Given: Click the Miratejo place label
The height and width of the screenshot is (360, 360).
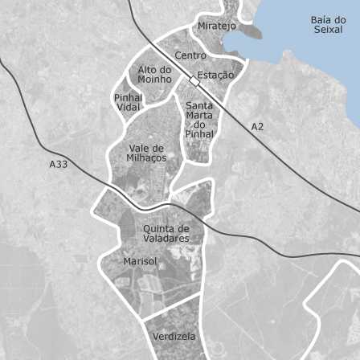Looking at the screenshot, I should pos(217,26).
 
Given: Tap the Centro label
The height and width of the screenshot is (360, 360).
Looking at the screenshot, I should pos(190,55).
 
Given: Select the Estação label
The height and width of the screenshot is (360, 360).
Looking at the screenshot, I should pos(216,76).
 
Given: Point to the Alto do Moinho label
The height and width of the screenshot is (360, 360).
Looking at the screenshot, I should pos(155,75).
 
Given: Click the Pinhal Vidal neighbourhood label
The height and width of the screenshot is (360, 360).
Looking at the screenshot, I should pos(128,102).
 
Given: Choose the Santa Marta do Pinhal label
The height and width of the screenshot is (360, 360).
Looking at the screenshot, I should pos(199,120).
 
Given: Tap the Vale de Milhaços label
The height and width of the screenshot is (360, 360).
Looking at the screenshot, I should pos(146,153).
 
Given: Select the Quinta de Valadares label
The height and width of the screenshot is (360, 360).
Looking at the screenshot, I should pos(166,233).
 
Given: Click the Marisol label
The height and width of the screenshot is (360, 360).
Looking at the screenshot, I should pos(141,261).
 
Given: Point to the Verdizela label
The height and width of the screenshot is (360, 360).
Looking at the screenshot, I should pos(174,336).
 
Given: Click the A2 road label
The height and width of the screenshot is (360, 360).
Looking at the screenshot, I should pos(257,127).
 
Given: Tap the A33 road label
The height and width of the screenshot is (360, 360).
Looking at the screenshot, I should pos(58,164).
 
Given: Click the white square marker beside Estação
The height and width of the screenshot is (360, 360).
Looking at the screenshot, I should pos(194,82).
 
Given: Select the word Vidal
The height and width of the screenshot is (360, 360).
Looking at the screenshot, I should pos(128,108).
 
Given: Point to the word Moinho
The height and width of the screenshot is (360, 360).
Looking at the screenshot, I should pos(155,80).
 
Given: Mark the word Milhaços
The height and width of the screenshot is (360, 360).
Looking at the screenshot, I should pos(146,157).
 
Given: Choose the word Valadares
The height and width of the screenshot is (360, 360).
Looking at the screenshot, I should pos(166,239).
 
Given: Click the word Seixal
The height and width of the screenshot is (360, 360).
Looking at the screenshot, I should pos(329,30).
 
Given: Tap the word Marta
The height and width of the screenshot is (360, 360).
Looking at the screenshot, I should pos(199,115).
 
